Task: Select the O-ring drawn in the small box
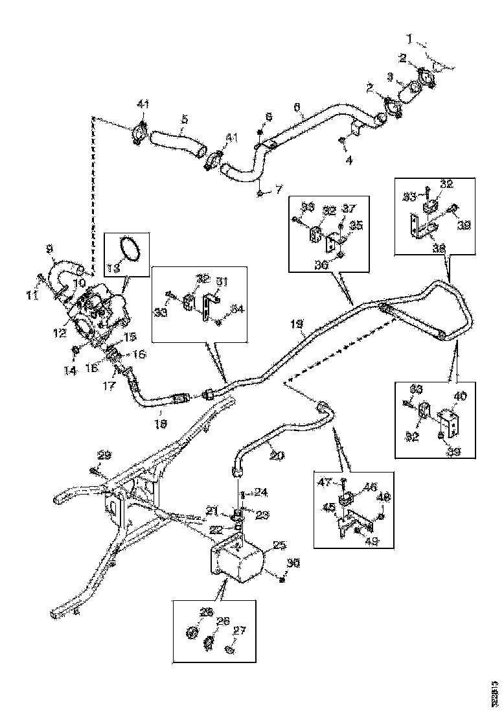point(130,250)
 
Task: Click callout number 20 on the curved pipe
point(277,456)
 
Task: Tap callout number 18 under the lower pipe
point(161,422)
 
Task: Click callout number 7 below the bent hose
point(279,190)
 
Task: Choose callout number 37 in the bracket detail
point(349,209)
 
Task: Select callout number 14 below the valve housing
point(73,369)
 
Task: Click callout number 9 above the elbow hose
point(49,248)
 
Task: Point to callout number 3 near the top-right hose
point(389,76)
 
